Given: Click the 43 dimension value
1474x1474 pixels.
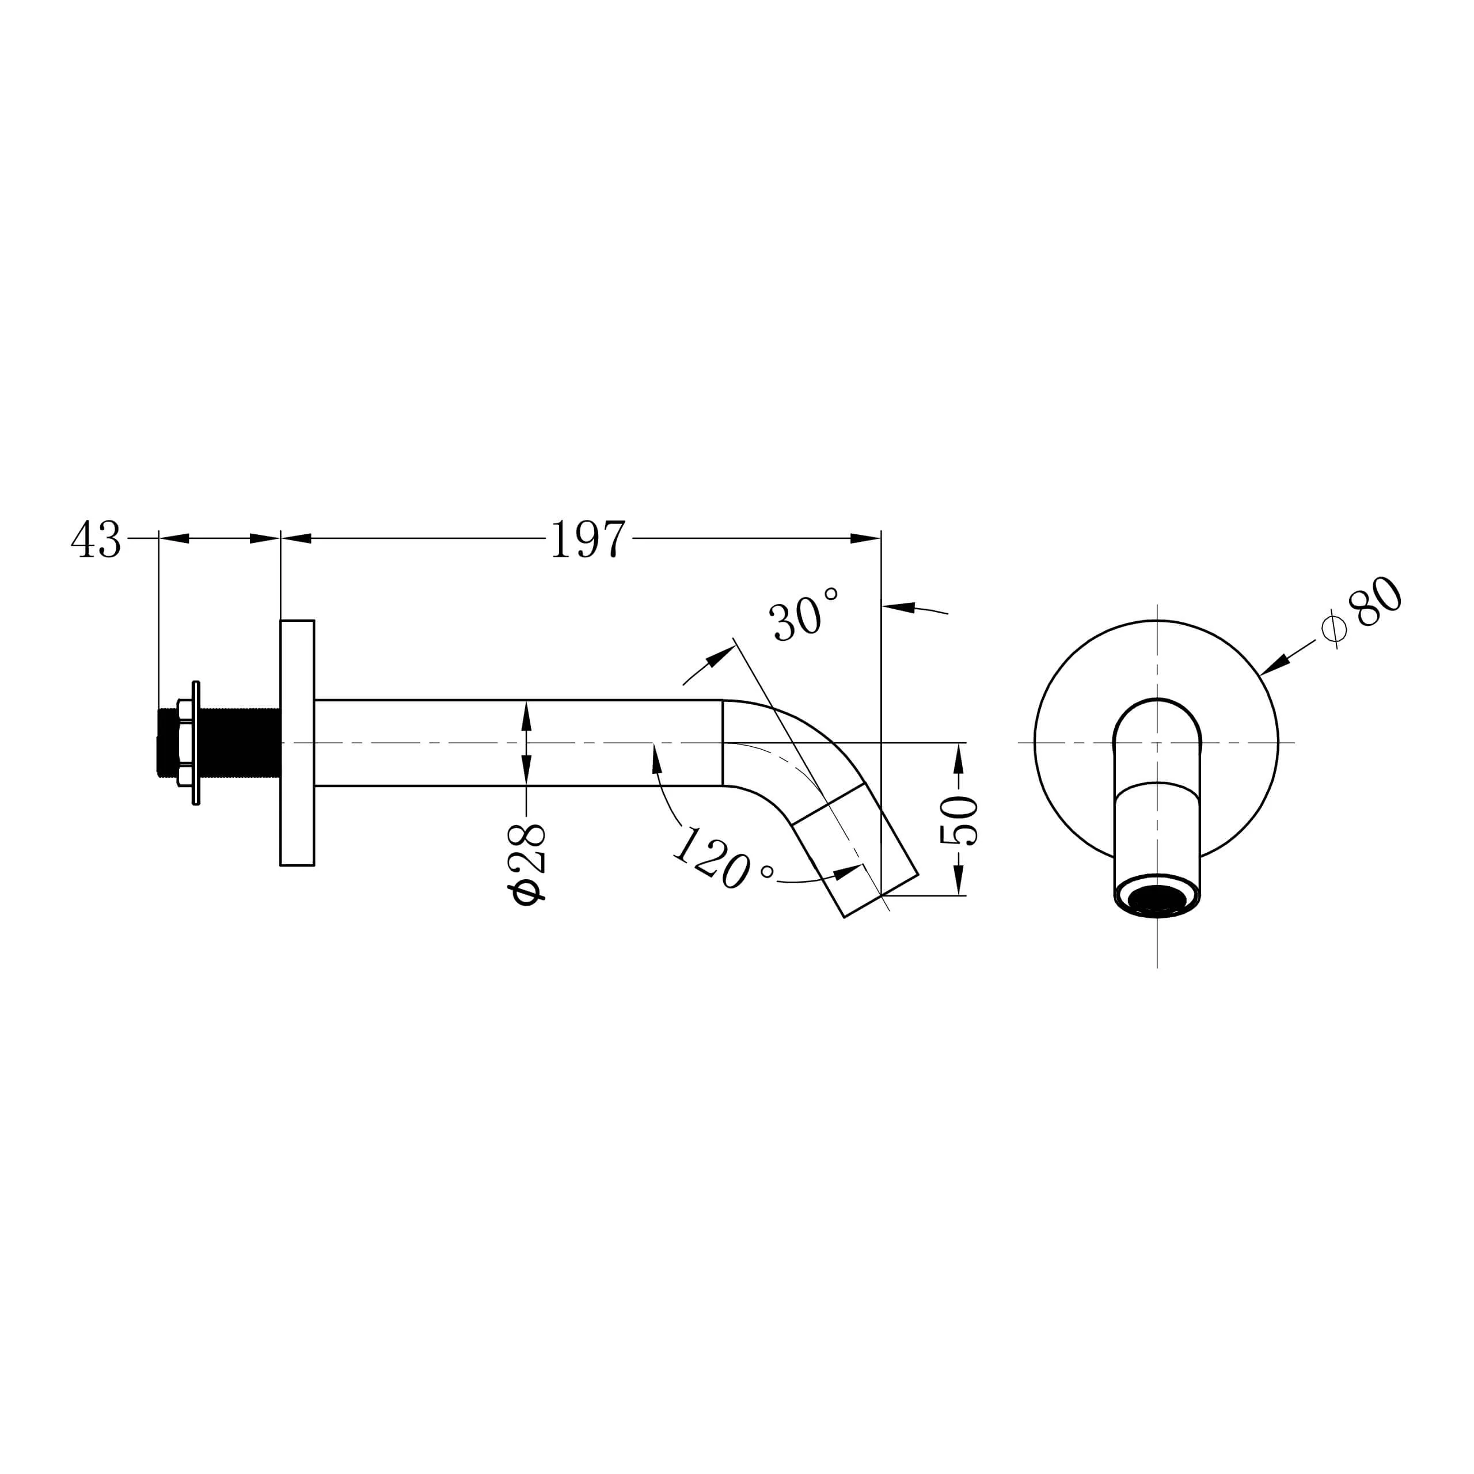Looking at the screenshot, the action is tap(96, 540).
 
